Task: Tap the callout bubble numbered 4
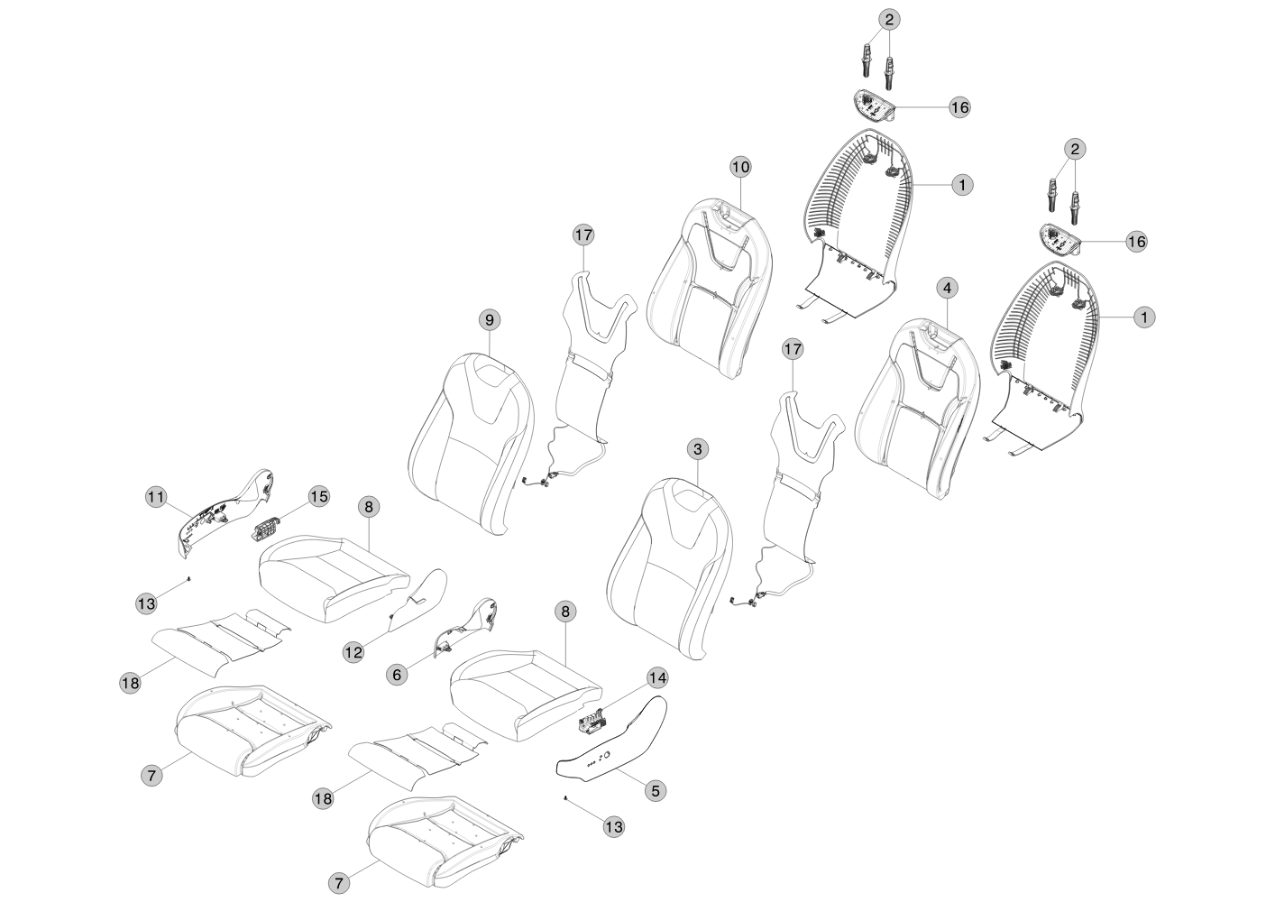pos(946,288)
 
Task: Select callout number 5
pos(656,790)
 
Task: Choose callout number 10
pos(739,167)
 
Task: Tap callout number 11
pos(157,496)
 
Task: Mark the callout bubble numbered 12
pos(353,650)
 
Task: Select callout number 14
pos(656,676)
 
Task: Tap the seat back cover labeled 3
pos(667,568)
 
